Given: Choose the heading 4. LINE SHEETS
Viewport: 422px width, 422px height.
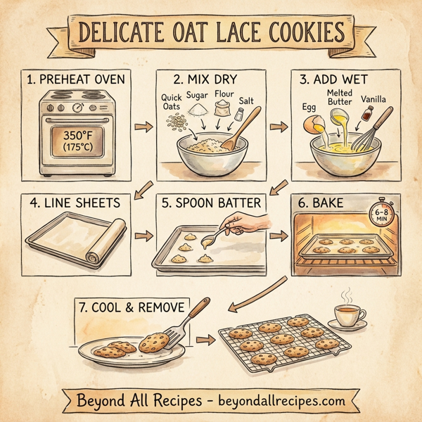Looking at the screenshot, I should tap(75, 203).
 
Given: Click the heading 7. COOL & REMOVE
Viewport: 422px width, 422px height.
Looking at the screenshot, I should tap(132, 307).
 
